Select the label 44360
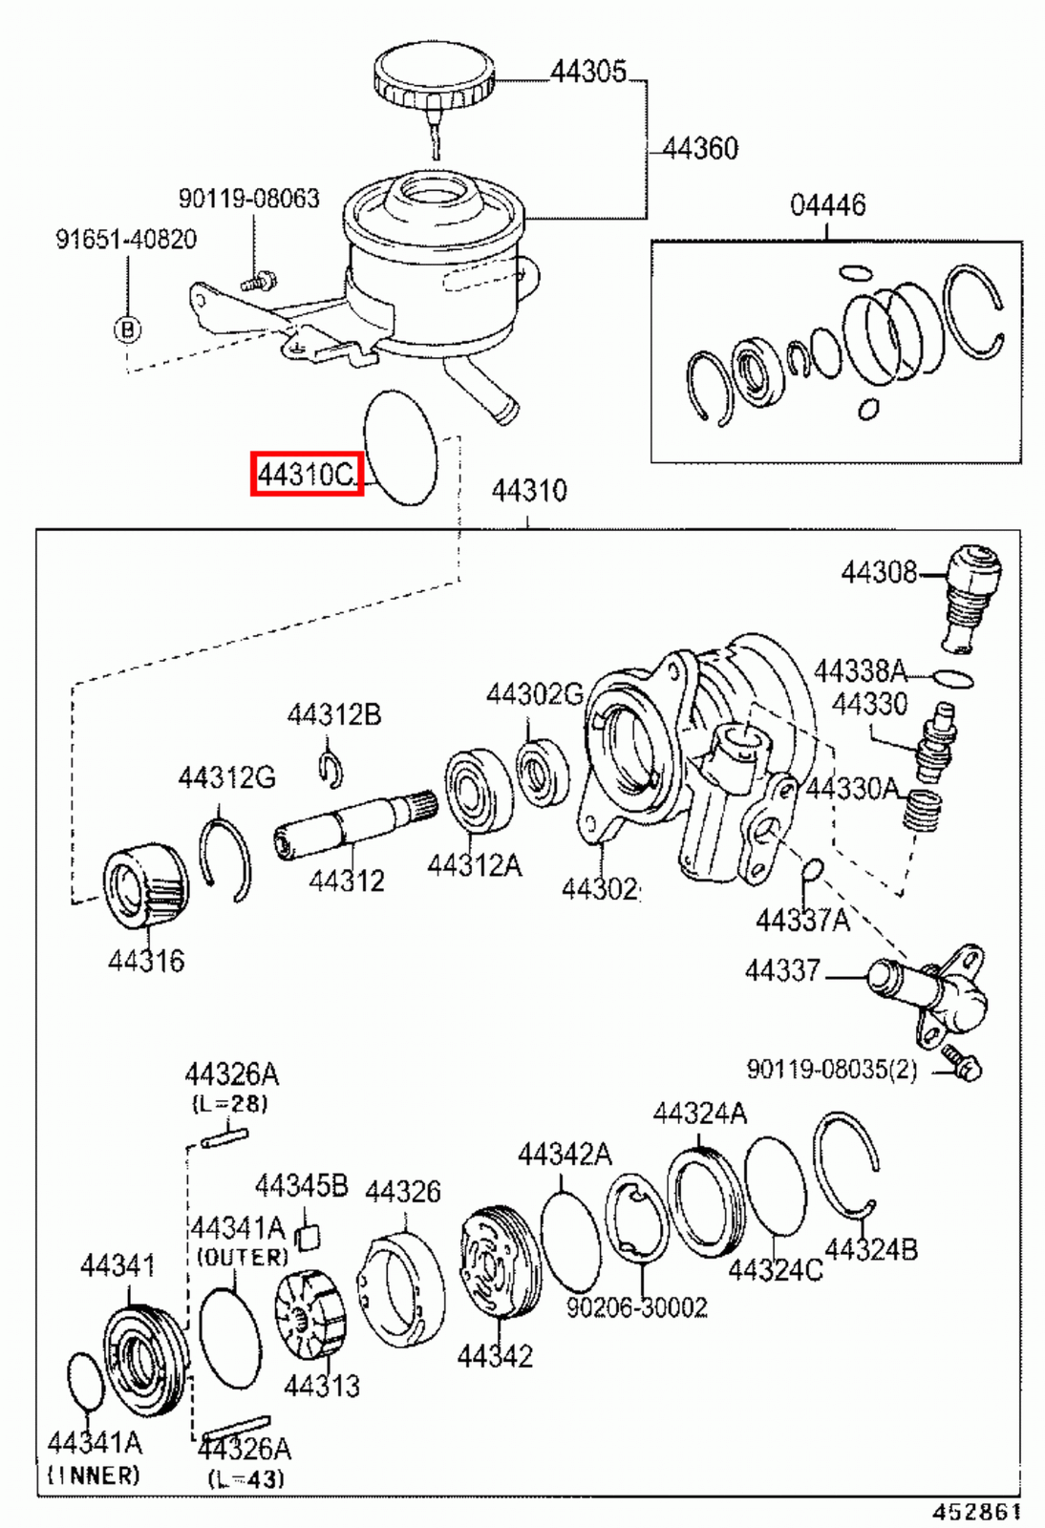[x=700, y=148]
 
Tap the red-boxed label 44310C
[x=307, y=474]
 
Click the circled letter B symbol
[x=127, y=329]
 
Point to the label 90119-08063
[x=248, y=199]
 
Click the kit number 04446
[x=827, y=205]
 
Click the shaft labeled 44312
[x=344, y=823]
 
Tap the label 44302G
[x=534, y=694]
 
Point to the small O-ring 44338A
[x=952, y=679]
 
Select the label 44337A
[x=802, y=920]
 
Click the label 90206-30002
[x=637, y=1306]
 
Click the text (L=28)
[x=230, y=1104]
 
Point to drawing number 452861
[x=976, y=1512]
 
